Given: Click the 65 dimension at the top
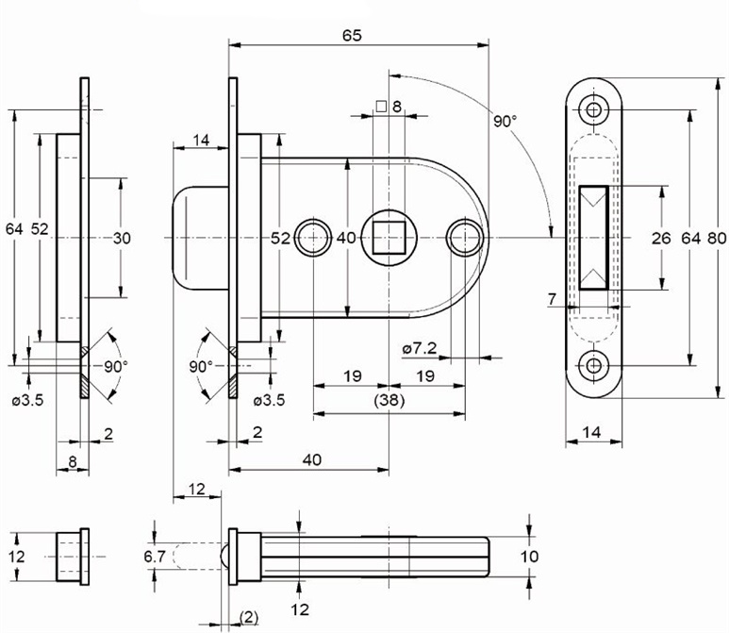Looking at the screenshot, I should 351,36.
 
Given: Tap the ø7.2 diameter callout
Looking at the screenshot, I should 419,350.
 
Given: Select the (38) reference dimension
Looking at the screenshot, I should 389,401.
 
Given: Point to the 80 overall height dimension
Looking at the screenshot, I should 716,238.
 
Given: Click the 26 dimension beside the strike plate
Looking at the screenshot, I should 660,238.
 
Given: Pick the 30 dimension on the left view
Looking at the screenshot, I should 122,238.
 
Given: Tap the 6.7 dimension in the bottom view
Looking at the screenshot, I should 155,557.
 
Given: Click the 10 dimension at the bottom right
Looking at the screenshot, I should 529,557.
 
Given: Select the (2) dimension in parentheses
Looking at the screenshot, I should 249,617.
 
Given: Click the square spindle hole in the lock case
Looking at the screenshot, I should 389,237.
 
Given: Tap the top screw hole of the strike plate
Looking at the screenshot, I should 594,109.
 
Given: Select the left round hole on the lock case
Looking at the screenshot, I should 312,237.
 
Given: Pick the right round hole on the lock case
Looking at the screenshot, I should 464,237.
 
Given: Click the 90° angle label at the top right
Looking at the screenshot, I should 505,121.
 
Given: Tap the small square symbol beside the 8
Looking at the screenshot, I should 381,107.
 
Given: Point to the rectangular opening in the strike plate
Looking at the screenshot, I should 594,238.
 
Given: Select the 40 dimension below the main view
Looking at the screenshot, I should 312,459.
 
